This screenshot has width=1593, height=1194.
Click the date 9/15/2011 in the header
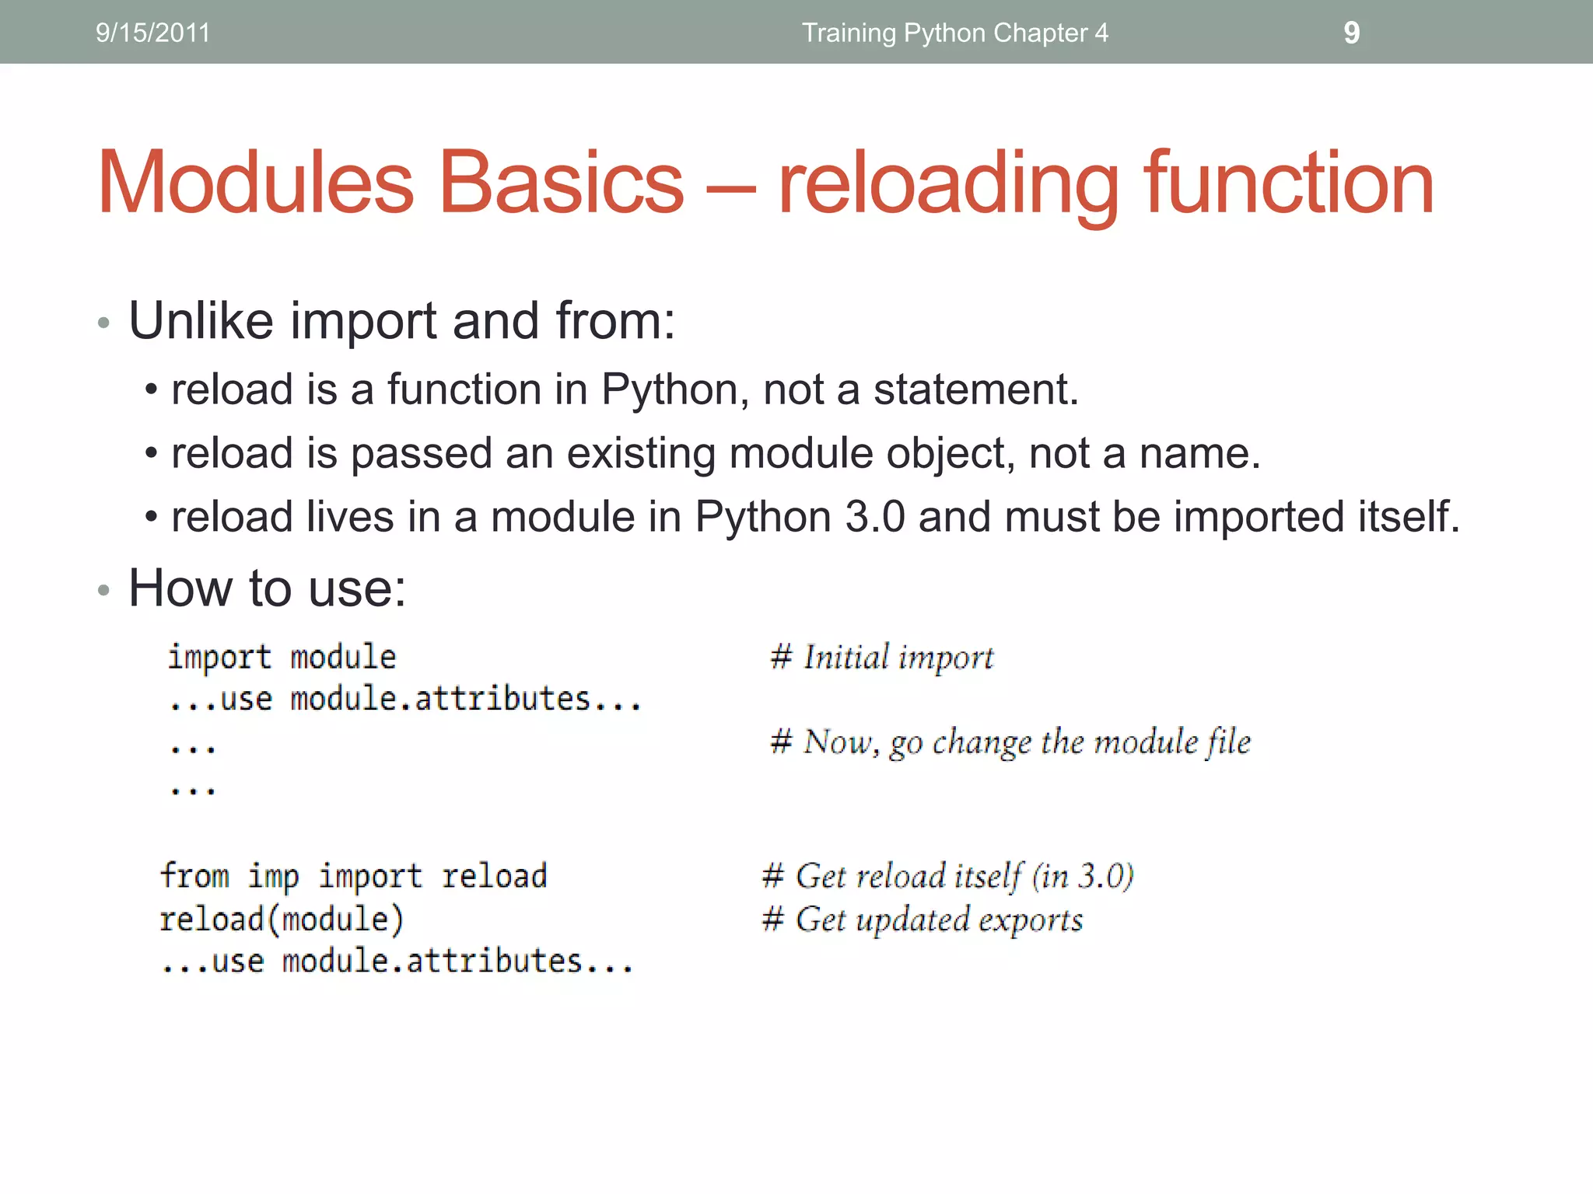[152, 33]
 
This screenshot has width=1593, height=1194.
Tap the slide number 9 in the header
[1351, 33]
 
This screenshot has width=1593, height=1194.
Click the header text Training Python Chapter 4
[954, 33]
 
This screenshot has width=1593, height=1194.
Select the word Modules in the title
[255, 183]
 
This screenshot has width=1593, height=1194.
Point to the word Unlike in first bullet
[201, 320]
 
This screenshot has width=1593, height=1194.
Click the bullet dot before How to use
[103, 591]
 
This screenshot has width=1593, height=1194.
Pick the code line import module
[282, 658]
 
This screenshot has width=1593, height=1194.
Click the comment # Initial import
[881, 658]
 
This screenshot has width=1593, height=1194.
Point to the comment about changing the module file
[1010, 742]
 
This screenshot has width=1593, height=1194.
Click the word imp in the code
[273, 877]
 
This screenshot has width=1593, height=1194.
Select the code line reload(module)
[282, 920]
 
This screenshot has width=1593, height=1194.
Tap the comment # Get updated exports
[923, 920]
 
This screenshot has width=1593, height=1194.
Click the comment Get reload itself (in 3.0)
[947, 876]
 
